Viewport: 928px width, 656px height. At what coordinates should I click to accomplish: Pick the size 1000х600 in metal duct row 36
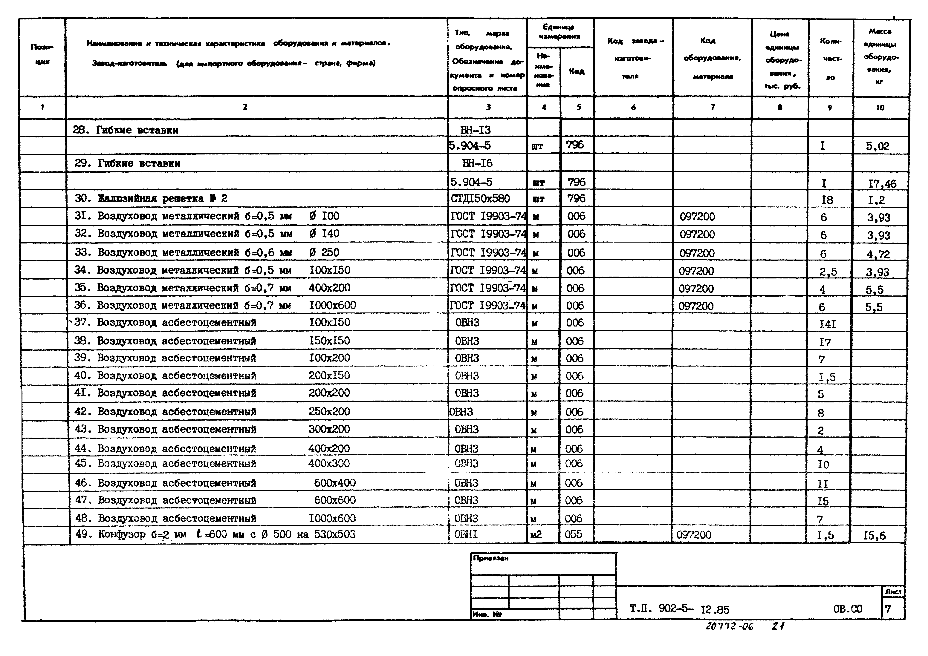point(332,305)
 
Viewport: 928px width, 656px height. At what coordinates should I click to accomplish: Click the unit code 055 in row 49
point(573,534)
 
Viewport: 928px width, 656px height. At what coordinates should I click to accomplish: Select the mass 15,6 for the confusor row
point(874,536)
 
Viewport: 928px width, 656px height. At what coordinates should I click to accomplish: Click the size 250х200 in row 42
point(329,412)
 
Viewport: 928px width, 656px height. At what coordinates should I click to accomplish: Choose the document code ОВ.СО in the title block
point(848,609)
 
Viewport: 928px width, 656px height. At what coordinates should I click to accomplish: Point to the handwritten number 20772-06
point(730,626)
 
